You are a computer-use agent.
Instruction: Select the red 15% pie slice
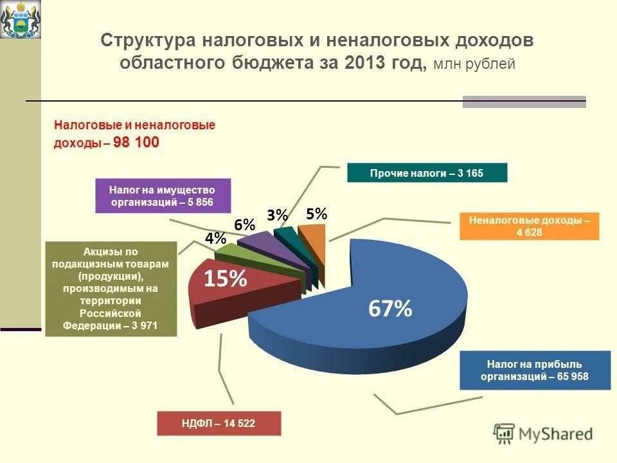(225, 283)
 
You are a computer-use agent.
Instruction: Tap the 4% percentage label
(215, 239)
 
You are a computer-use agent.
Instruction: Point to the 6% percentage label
(245, 225)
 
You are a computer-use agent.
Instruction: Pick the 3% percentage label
(278, 216)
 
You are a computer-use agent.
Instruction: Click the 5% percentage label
(317, 214)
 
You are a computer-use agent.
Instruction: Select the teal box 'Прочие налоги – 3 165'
(427, 173)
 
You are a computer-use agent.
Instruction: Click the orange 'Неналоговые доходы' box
(530, 226)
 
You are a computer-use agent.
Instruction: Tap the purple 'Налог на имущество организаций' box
(163, 196)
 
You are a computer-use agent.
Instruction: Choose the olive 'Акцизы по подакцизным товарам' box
(111, 289)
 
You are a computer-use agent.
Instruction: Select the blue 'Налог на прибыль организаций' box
(535, 370)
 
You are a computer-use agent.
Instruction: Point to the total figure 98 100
(136, 142)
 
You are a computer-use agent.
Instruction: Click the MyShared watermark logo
(543, 433)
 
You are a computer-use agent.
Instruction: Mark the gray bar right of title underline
(524, 102)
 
